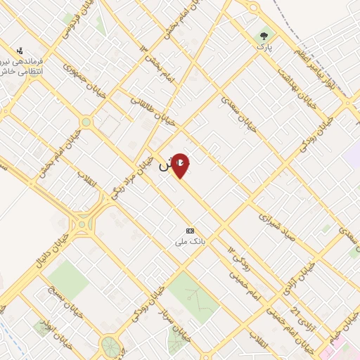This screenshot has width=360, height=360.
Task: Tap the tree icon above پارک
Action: point(264,34)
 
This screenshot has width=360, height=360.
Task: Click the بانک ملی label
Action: point(191,241)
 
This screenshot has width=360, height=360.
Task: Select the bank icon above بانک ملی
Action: point(190,231)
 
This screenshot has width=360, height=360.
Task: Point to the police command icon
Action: point(20,51)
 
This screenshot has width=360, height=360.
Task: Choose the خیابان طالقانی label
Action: point(150,110)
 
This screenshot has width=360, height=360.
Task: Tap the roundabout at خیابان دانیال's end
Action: point(84,224)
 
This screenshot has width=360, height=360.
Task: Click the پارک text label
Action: point(264,46)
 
